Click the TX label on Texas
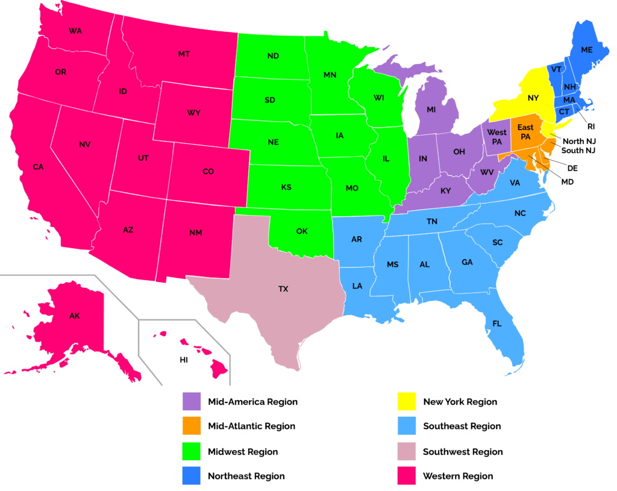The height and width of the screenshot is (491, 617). tap(283, 289)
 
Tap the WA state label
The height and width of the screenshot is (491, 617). tap(75, 31)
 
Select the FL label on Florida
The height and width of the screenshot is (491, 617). tap(496, 324)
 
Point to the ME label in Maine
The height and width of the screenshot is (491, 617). tap(586, 51)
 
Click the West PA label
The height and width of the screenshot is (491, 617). tap(497, 136)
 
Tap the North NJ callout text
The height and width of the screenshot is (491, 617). tap(578, 140)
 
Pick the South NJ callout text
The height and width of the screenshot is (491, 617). tap(578, 150)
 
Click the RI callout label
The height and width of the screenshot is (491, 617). tap(590, 127)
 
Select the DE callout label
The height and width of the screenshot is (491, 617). tap(573, 167)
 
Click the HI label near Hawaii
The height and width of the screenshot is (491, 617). tap(184, 360)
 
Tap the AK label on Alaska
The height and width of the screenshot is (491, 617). tap(74, 316)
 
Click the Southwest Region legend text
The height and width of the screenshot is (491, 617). tap(463, 451)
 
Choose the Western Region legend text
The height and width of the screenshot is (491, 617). tap(458, 476)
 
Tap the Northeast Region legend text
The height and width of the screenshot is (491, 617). tap(246, 476)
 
